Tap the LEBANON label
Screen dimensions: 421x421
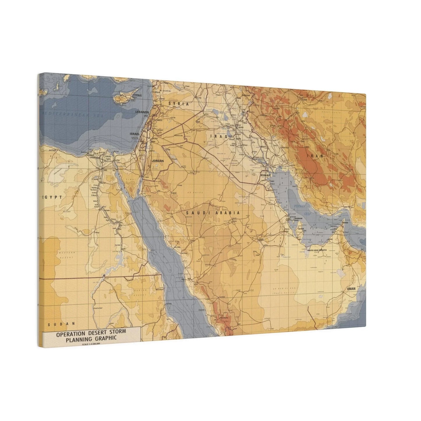142,112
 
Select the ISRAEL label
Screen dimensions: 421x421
135,134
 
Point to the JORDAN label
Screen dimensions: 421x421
158,161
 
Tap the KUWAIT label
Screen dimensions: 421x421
266,175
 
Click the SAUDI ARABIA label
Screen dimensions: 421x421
213,213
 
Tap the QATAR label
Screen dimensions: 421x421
301,229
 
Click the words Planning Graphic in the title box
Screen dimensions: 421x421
91,339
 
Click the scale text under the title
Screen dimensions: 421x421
91,344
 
